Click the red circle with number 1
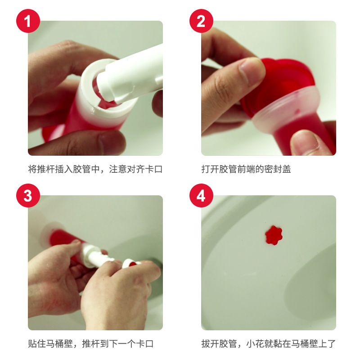28,21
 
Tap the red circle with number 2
201,21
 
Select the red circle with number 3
28,196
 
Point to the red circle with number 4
201,196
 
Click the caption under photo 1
95,170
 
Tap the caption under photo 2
246,170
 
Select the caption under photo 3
91,344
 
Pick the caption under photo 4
268,344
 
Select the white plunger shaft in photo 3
97,256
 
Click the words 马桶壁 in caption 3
63,344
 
